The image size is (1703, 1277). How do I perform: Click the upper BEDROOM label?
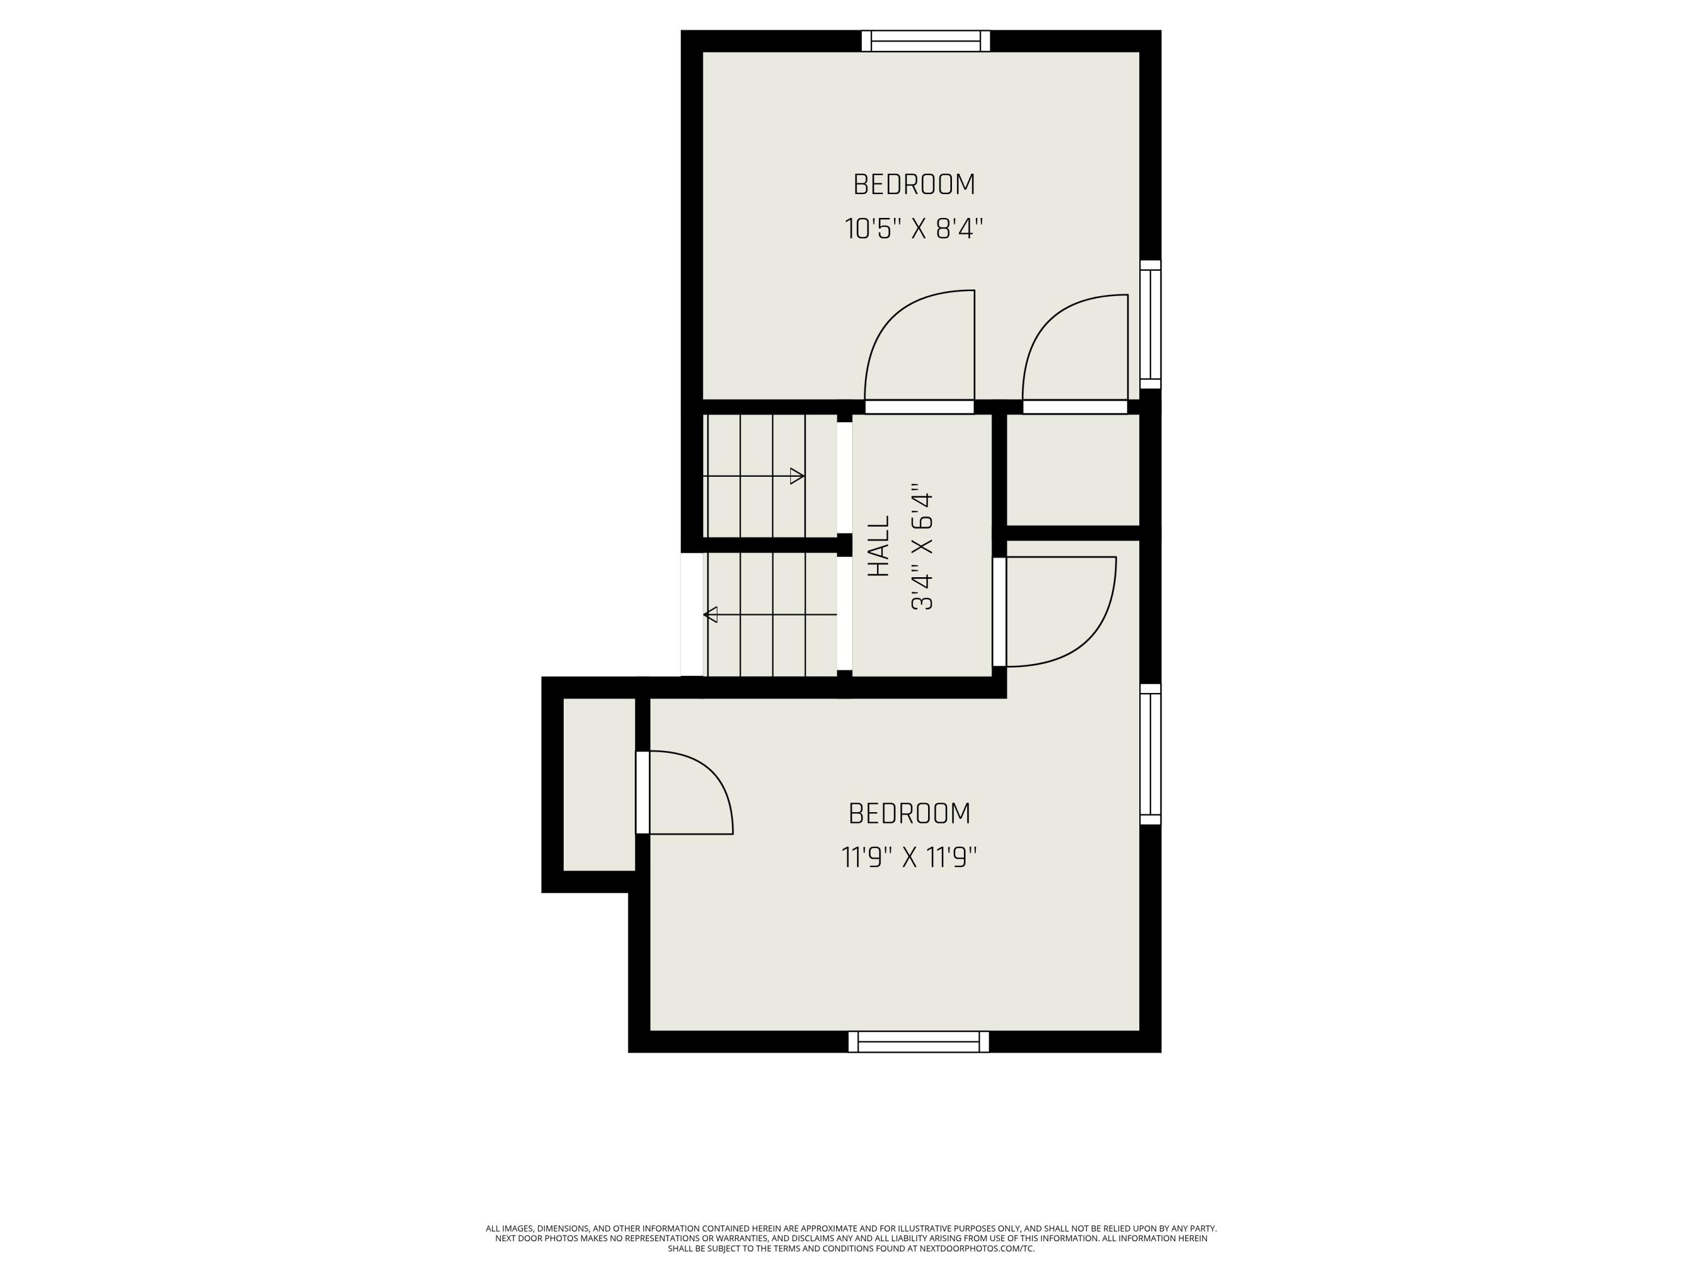pos(914,184)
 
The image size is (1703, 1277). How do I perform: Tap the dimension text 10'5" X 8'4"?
pos(914,229)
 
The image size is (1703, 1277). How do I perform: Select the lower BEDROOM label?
pos(909,814)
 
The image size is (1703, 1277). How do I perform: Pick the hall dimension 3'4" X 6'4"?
pos(922,547)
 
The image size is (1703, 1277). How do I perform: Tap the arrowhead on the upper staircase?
pos(798,476)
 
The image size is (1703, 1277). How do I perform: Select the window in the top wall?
pos(925,41)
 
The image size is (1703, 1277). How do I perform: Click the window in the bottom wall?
pos(918,1041)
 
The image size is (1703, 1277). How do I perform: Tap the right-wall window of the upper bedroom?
pos(1150,325)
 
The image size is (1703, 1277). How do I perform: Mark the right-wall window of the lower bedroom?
pos(1150,754)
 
